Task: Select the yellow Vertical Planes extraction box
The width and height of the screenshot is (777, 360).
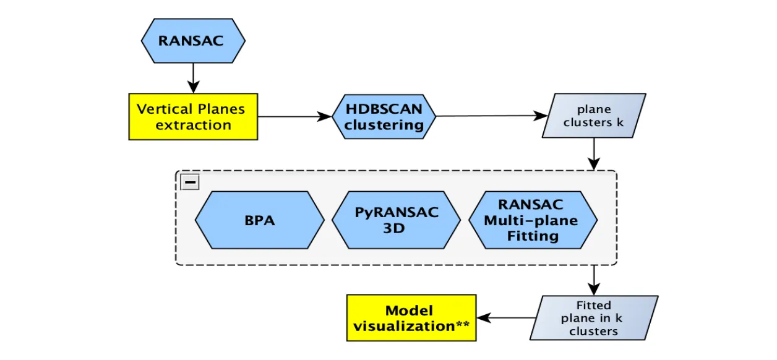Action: (x=193, y=117)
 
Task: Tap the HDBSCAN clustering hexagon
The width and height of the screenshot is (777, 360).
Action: (x=384, y=117)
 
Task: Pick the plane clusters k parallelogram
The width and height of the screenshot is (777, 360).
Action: (x=594, y=116)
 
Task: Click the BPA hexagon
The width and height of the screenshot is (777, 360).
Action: (x=260, y=220)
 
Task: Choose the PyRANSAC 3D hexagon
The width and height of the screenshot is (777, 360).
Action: (x=396, y=220)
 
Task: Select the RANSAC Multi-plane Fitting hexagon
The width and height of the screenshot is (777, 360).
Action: (x=533, y=220)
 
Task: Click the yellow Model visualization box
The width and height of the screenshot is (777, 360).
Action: (x=411, y=318)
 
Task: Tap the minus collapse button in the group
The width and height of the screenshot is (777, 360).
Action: (x=190, y=182)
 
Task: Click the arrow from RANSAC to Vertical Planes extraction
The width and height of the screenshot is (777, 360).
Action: (x=193, y=78)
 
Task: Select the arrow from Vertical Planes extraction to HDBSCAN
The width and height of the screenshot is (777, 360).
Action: (x=294, y=116)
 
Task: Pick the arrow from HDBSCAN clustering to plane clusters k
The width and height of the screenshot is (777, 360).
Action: (x=489, y=116)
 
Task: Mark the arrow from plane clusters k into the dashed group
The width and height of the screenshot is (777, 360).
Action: (x=594, y=153)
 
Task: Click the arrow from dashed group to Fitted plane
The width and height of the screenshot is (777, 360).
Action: (x=594, y=280)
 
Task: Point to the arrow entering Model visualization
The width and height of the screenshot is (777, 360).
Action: (x=507, y=318)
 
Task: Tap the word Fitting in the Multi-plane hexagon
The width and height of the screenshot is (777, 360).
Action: (x=533, y=236)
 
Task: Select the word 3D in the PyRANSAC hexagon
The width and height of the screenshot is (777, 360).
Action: (x=396, y=228)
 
